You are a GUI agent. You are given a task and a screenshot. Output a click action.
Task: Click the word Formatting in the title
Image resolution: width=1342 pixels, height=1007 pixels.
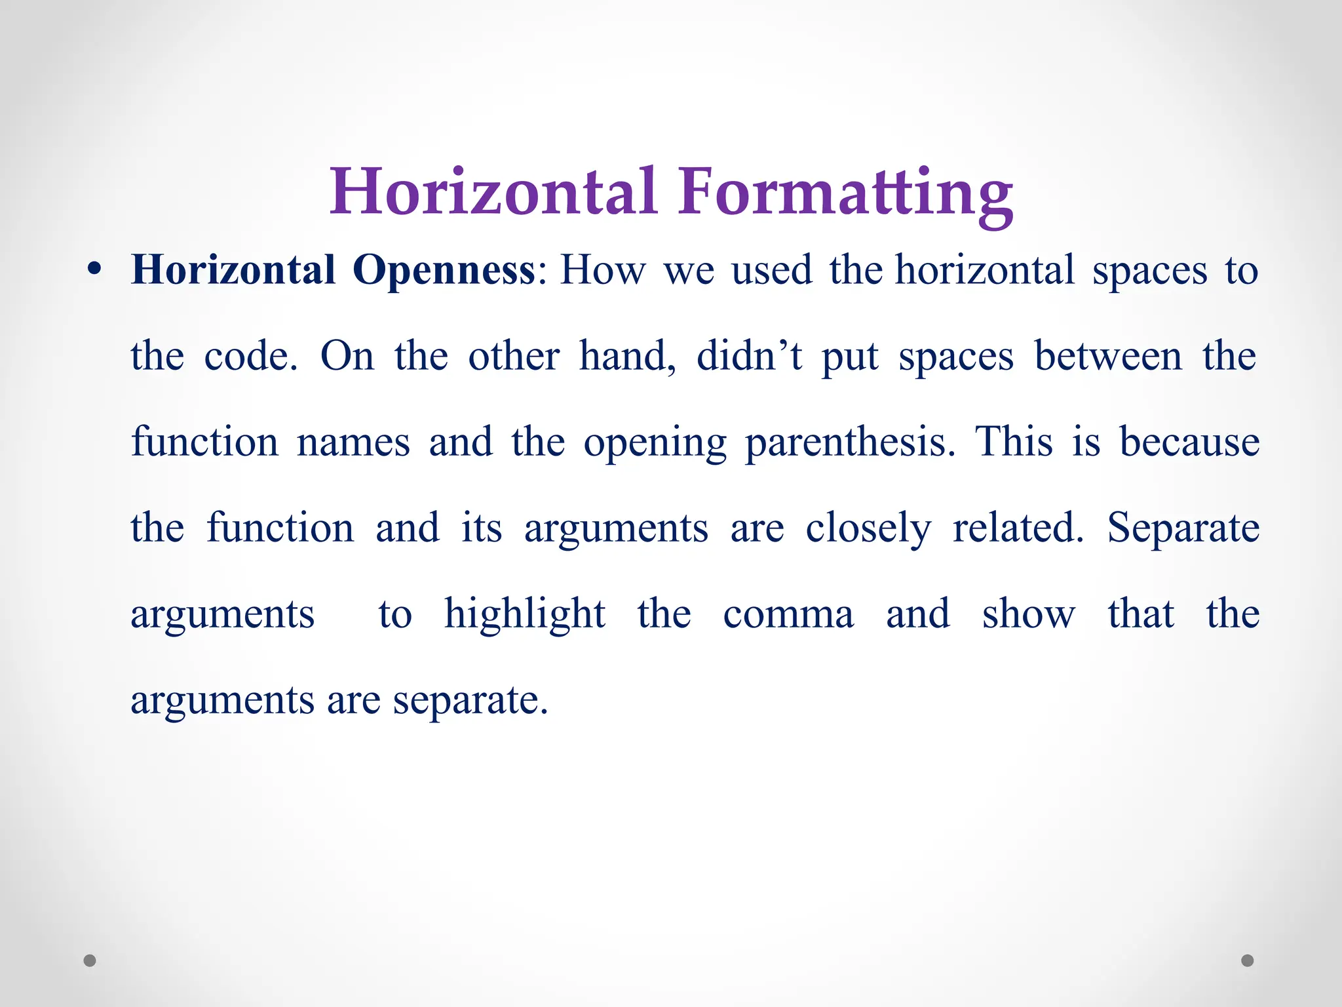click(845, 193)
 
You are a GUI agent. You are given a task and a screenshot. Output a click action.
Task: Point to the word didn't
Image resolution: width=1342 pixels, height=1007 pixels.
click(749, 356)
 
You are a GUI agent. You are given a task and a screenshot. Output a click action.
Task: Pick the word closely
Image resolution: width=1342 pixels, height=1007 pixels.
click(868, 528)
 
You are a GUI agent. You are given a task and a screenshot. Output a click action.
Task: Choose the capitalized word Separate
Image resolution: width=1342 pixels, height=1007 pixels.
click(1183, 528)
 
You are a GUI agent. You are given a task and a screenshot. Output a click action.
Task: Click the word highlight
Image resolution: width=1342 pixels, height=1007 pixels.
click(525, 614)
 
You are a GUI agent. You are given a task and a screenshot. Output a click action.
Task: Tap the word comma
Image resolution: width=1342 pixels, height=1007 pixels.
click(788, 615)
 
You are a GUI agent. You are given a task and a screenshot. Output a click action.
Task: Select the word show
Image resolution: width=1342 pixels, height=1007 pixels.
click(1028, 614)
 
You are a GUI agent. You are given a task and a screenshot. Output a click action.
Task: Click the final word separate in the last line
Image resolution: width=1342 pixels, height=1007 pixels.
click(470, 701)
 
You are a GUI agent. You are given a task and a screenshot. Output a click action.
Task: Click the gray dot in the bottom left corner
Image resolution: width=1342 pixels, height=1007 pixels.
click(90, 960)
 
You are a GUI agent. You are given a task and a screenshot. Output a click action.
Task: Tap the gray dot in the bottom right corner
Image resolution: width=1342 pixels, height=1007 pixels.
click(1248, 960)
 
